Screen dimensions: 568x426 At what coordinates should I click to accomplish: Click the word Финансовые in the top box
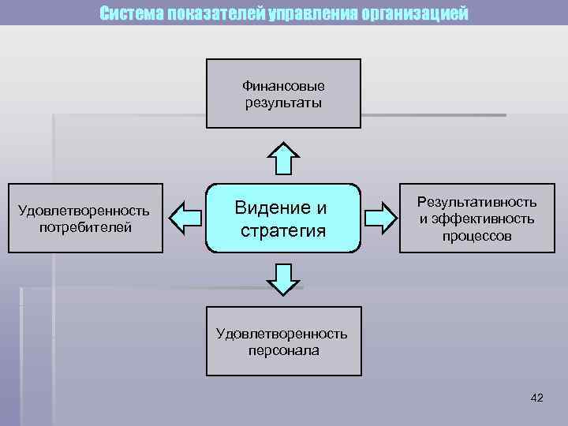[283, 86]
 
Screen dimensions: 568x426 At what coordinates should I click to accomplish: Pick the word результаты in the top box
[283, 103]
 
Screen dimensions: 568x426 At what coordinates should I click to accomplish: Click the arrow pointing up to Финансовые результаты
[283, 159]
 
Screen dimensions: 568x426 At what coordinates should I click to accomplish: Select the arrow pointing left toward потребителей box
[186, 217]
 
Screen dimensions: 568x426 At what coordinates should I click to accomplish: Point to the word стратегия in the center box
[283, 230]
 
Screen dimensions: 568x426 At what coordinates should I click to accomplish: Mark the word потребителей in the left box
[86, 227]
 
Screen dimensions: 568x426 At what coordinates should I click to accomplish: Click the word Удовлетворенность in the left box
[84, 211]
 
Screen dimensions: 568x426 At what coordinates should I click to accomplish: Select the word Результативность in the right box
[476, 204]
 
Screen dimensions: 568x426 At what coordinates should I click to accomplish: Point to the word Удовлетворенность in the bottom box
[282, 334]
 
